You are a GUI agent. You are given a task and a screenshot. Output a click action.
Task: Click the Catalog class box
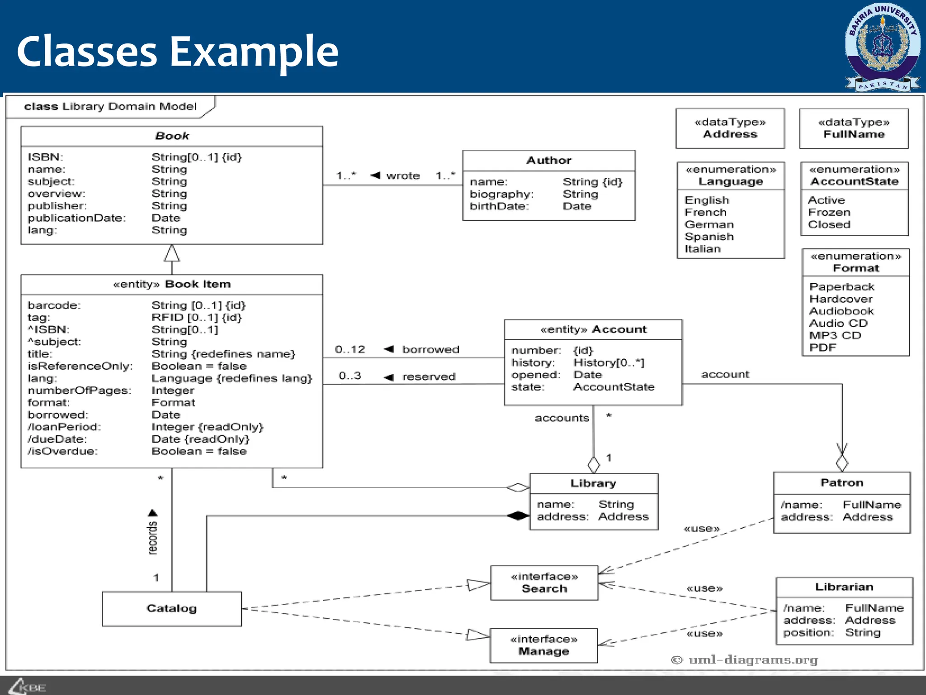(x=171, y=609)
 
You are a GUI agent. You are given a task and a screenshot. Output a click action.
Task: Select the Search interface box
(x=544, y=583)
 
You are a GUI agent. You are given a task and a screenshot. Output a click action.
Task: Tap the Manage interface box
(x=543, y=646)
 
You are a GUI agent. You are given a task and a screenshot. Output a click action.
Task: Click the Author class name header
(x=548, y=160)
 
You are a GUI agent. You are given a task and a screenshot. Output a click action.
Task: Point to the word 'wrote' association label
(x=403, y=176)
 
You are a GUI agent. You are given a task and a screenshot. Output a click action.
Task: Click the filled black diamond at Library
(x=518, y=515)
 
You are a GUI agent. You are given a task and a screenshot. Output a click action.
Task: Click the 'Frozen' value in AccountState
(x=829, y=212)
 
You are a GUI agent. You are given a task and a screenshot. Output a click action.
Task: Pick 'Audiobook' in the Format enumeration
(x=841, y=311)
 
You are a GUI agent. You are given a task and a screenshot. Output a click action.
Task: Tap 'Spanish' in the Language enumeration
(x=709, y=237)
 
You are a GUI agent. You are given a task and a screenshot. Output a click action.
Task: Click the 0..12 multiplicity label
(x=350, y=349)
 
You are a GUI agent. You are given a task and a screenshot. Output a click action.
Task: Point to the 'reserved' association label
(x=429, y=376)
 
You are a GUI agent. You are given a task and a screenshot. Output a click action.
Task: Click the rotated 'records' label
(x=152, y=538)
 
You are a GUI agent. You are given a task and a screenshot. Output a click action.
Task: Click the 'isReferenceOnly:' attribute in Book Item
(x=80, y=366)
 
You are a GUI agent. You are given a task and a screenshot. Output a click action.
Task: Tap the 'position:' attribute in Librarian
(x=808, y=633)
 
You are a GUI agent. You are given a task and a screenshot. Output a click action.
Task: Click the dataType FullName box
(x=854, y=129)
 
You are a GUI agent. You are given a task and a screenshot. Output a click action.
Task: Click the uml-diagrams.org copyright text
(x=745, y=660)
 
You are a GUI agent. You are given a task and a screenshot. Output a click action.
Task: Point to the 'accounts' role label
(x=562, y=418)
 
